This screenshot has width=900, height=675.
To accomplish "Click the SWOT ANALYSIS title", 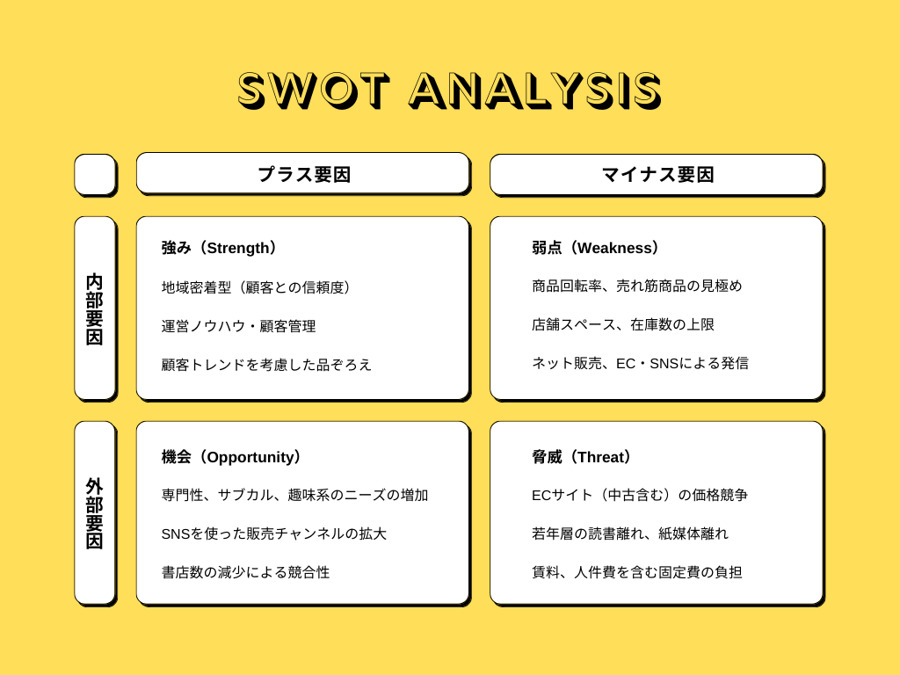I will pyautogui.click(x=449, y=90).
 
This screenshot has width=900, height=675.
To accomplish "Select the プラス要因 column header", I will pyautogui.click(x=303, y=174).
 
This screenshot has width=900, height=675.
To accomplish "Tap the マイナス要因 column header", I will pyautogui.click(x=657, y=174).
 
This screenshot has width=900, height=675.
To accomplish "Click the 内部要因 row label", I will pyautogui.click(x=95, y=308).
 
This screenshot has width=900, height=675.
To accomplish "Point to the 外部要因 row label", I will pyautogui.click(x=95, y=513).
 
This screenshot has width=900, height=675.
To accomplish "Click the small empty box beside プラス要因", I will pyautogui.click(x=95, y=174).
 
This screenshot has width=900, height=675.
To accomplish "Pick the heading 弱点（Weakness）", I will pyautogui.click(x=596, y=248).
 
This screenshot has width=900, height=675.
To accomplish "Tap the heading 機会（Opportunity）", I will pyautogui.click(x=232, y=457).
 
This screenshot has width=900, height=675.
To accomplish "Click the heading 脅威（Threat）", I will pyautogui.click(x=582, y=457).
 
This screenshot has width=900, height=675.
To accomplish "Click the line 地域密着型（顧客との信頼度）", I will pyautogui.click(x=257, y=287).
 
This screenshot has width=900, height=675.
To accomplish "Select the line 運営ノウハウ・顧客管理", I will pyautogui.click(x=239, y=326).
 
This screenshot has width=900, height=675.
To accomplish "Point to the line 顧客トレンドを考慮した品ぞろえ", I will pyautogui.click(x=267, y=364).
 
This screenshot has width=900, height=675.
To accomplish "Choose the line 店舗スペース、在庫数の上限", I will pyautogui.click(x=623, y=324).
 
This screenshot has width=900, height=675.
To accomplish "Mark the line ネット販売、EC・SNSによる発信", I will pyautogui.click(x=640, y=363).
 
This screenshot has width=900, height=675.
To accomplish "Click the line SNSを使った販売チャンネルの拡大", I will pyautogui.click(x=274, y=533).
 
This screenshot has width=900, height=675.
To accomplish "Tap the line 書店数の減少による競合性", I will pyautogui.click(x=246, y=572).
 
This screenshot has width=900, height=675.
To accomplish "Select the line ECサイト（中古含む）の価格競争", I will pyautogui.click(x=640, y=495).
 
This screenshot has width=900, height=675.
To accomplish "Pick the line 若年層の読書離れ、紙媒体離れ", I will pyautogui.click(x=630, y=533).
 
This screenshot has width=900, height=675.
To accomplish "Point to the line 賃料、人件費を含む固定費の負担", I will pyautogui.click(x=637, y=572).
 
